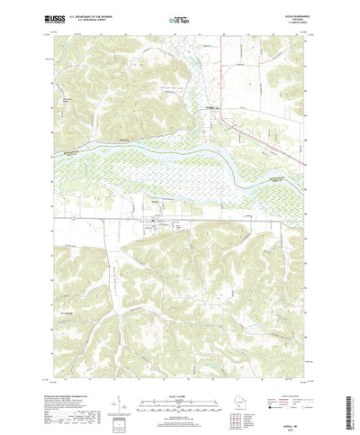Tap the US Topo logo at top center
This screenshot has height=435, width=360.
pyautogui.click(x=179, y=17)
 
